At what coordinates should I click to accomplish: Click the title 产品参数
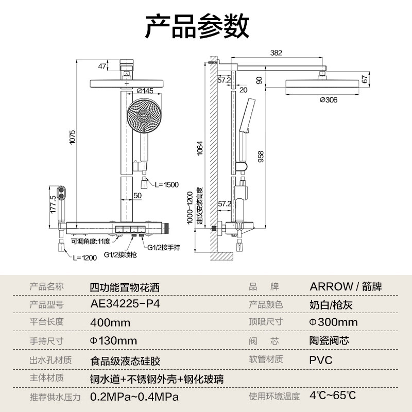click(197, 26)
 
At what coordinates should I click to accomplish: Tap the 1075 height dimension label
click(72, 137)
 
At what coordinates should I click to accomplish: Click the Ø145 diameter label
click(145, 91)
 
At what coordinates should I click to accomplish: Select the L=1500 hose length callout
click(166, 185)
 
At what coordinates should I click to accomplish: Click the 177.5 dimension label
click(53, 204)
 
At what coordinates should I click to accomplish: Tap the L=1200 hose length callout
click(85, 258)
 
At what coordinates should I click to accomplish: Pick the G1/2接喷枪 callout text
click(121, 254)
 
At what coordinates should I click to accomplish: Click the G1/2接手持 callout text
click(164, 247)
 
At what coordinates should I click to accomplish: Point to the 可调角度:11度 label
click(91, 241)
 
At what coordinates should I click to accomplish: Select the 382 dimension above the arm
click(276, 53)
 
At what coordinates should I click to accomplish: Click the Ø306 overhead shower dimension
click(329, 100)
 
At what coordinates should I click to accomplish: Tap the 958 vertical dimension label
click(261, 157)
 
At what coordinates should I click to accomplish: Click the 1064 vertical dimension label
click(200, 148)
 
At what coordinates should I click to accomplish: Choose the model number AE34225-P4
click(125, 304)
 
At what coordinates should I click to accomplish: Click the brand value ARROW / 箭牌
click(346, 286)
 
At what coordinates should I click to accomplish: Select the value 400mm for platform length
click(110, 322)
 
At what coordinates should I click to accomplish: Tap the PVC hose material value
click(321, 360)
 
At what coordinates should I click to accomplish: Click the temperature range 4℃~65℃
click(333, 395)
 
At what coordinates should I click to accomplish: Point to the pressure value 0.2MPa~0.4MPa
click(134, 397)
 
